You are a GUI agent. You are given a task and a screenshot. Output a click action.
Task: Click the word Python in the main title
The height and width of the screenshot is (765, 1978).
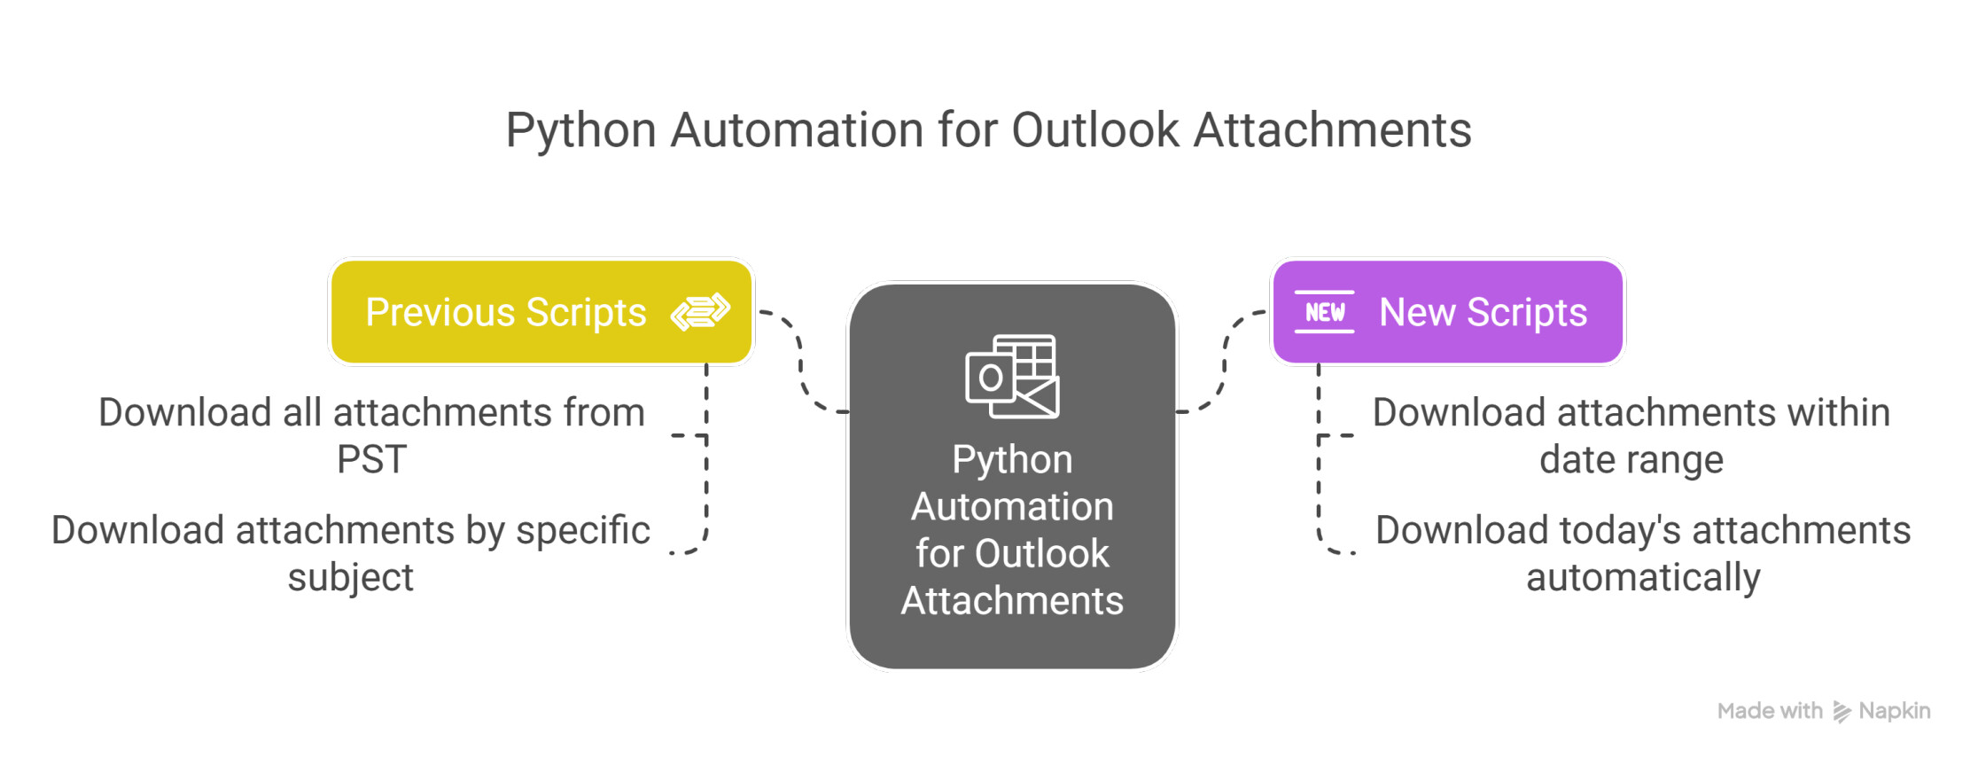580,131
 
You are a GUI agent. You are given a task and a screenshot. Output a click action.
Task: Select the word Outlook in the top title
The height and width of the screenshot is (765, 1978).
1095,129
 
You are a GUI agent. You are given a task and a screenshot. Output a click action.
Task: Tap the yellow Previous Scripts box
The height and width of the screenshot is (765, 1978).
541,312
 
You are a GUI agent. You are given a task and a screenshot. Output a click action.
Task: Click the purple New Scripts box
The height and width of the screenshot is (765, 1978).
1448,312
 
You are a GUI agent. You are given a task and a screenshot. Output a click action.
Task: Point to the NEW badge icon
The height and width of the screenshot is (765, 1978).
1324,312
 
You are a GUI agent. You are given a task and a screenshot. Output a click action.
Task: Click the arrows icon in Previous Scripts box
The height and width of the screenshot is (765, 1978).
700,312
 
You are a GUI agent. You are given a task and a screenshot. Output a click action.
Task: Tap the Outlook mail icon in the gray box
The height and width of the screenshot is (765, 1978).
1012,377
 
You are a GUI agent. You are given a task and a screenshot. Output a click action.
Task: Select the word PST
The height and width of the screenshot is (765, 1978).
371,460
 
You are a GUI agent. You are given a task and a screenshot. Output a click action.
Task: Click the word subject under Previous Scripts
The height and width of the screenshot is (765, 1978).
351,578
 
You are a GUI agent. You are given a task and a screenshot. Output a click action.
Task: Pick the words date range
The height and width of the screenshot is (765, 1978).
1631,460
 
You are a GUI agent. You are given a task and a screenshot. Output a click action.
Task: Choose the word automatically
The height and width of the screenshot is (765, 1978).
1643,578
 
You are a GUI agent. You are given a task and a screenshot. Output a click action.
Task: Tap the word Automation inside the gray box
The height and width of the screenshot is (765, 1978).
1012,507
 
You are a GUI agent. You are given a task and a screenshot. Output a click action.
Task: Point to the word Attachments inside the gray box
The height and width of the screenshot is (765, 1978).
1012,601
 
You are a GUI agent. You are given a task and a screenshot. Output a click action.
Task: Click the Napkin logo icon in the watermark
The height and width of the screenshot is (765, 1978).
1842,711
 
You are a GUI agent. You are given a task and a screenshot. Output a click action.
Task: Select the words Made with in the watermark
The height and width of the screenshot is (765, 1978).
1770,711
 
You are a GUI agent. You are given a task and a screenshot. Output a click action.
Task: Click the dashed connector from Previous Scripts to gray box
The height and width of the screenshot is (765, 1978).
801,362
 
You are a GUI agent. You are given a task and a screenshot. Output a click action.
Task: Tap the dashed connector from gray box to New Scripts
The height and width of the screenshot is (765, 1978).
1224,362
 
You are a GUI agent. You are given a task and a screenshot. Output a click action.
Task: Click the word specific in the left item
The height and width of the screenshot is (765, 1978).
583,531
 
